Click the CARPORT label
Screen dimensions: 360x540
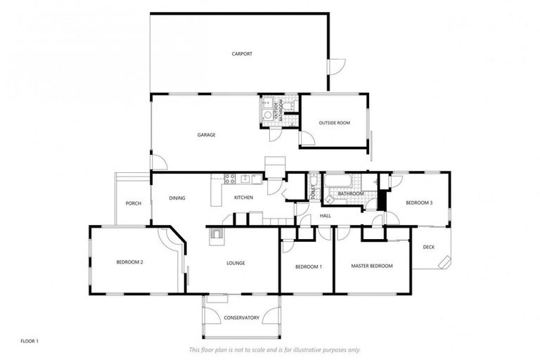(x=242, y=53)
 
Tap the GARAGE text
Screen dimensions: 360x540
(x=206, y=134)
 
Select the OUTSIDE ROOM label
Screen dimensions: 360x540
(x=334, y=123)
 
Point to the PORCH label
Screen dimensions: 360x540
(x=134, y=203)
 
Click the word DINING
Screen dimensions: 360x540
(x=177, y=198)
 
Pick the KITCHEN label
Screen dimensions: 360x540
(x=243, y=198)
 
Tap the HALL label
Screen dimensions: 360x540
(x=326, y=216)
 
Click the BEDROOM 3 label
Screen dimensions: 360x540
(x=419, y=203)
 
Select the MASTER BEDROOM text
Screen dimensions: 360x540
(x=372, y=266)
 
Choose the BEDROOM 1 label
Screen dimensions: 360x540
(x=308, y=266)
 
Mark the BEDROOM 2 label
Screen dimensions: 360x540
(x=130, y=262)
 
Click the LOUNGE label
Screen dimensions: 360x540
(x=235, y=263)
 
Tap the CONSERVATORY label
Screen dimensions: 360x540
(x=241, y=317)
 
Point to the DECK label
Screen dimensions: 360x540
(x=428, y=247)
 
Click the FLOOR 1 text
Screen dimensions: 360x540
(x=30, y=341)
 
